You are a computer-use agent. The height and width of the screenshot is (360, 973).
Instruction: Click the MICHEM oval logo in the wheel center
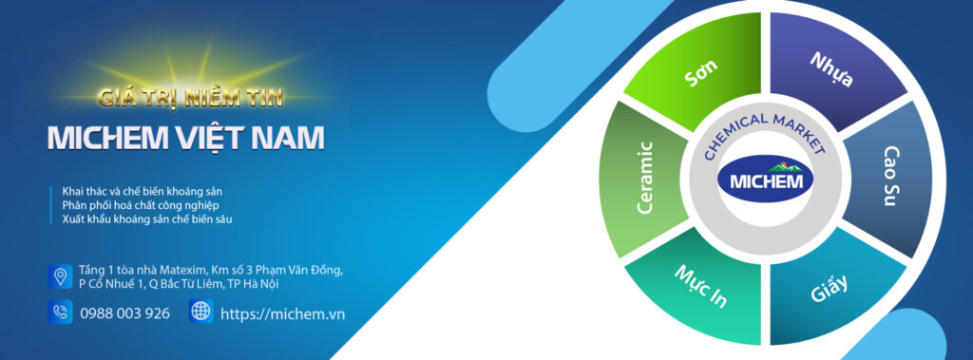tap(765, 180)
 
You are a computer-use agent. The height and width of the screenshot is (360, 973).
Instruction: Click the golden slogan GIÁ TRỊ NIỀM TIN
tap(191, 96)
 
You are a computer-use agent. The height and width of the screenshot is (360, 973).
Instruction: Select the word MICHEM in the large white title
tap(108, 138)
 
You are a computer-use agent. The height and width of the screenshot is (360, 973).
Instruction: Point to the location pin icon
tap(60, 276)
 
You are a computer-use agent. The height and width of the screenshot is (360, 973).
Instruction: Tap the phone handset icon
tap(60, 312)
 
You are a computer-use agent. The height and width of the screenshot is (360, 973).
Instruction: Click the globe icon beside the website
tap(200, 312)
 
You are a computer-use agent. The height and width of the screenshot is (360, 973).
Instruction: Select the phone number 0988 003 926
tap(124, 313)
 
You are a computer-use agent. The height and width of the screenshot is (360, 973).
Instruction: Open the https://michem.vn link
tap(282, 313)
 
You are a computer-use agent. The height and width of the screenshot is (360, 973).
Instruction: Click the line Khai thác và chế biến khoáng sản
tap(142, 191)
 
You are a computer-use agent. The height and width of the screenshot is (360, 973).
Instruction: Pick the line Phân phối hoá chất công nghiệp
tap(140, 205)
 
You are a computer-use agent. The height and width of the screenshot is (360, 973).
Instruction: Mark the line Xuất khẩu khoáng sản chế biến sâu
tap(146, 219)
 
